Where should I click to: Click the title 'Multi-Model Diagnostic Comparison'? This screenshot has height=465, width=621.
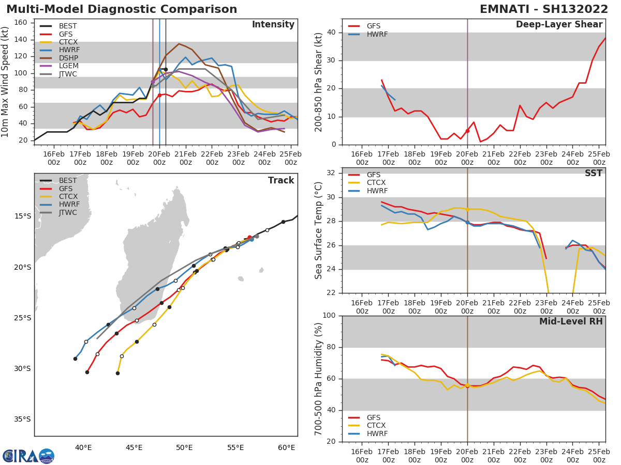[122, 9]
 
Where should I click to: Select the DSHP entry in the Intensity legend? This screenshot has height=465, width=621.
[68, 58]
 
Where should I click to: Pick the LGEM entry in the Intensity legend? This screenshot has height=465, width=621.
[68, 66]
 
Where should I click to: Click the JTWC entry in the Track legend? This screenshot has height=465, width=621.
[68, 212]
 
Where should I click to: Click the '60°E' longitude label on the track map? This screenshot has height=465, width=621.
[287, 447]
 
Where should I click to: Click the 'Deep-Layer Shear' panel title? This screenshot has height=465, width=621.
[559, 25]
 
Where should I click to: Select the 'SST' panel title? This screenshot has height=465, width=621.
[593, 174]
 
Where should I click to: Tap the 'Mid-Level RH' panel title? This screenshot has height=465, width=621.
[571, 321]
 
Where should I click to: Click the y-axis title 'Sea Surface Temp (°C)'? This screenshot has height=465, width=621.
[319, 230]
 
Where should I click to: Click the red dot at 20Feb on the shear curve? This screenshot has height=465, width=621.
[467, 131]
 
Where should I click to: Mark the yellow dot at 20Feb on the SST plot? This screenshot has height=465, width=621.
[467, 209]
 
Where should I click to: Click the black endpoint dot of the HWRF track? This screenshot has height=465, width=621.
[75, 359]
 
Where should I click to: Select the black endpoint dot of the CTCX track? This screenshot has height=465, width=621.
[117, 373]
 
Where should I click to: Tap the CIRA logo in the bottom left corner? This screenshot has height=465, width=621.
[28, 456]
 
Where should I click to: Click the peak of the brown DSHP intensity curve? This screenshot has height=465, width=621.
[179, 44]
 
